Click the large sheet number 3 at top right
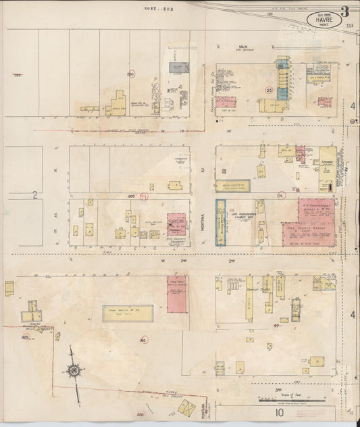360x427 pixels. (x=344, y=11)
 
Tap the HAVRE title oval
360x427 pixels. (x=322, y=20)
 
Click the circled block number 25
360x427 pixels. (x=269, y=89)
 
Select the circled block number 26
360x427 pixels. (x=281, y=196)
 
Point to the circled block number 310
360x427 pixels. (x=143, y=340)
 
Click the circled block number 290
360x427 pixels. (x=130, y=74)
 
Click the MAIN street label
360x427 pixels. (x=238, y=47)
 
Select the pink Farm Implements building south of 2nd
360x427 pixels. (x=178, y=295)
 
